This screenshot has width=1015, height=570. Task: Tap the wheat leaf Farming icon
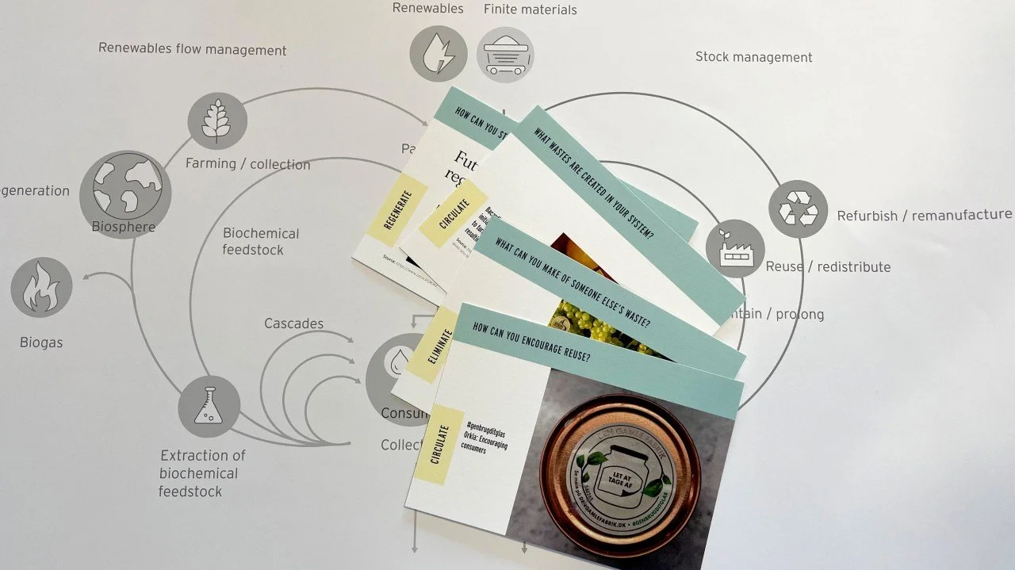pyautogui.click(x=217, y=121)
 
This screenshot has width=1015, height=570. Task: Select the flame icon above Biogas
pyautogui.click(x=41, y=288)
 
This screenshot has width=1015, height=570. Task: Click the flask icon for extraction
pyautogui.click(x=209, y=406)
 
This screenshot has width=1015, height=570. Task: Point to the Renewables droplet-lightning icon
pyautogui.click(x=439, y=54)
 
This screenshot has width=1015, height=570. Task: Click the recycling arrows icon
pyautogui.click(x=798, y=209)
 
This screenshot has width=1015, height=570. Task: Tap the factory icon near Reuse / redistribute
pyautogui.click(x=734, y=248)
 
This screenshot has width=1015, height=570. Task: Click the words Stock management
pyautogui.click(x=753, y=57)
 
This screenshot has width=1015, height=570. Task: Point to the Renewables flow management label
pyautogui.click(x=192, y=49)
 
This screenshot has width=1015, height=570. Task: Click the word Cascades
pyautogui.click(x=293, y=323)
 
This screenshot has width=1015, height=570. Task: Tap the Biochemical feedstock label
pyautogui.click(x=260, y=242)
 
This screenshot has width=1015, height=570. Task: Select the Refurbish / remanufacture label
pyautogui.click(x=924, y=215)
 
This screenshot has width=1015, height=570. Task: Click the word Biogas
pyautogui.click(x=41, y=342)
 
